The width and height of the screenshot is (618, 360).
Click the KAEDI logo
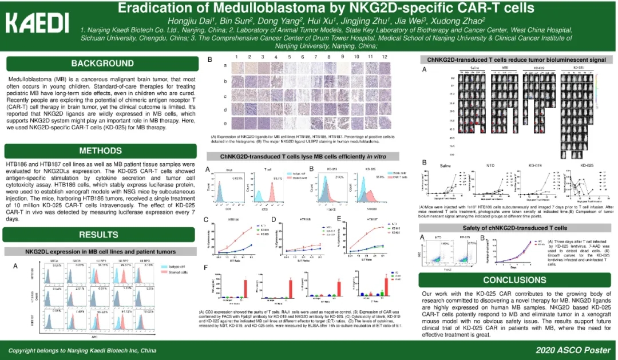(37, 23)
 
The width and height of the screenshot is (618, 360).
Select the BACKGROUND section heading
(102, 63)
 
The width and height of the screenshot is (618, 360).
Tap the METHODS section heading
(102, 151)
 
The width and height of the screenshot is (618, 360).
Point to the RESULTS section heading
(98, 234)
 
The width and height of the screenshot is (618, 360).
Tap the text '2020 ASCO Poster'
(572, 349)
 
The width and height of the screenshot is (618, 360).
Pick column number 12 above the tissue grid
(385, 57)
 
